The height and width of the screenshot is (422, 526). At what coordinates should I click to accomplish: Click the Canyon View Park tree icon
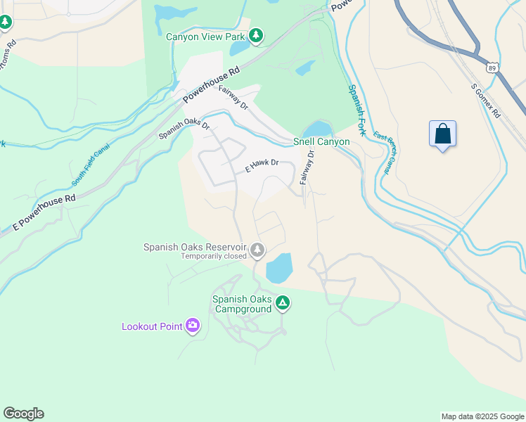[x=256, y=34]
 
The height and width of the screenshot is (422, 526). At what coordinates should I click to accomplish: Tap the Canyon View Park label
[x=205, y=36]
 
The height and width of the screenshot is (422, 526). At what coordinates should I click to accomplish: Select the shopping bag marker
[x=442, y=134]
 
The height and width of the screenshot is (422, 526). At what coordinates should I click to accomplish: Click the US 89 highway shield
[x=493, y=68]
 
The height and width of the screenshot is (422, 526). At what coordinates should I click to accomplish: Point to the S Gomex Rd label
[x=486, y=101]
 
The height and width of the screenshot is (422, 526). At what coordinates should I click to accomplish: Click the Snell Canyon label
[x=321, y=142]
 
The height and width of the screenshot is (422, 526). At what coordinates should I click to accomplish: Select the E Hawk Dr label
[x=262, y=166]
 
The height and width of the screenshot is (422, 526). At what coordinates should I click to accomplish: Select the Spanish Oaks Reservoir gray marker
[x=258, y=249]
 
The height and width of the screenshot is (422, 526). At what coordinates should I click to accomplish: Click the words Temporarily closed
[x=214, y=256]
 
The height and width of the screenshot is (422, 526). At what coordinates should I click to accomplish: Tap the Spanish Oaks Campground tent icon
[x=282, y=303]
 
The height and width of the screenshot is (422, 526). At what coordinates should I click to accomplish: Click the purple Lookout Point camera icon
[x=192, y=325]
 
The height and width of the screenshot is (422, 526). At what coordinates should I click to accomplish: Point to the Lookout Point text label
[x=152, y=326]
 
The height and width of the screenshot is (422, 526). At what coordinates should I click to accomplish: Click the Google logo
[x=23, y=414]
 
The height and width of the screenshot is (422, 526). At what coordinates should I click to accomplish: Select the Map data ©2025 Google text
[x=482, y=416]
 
